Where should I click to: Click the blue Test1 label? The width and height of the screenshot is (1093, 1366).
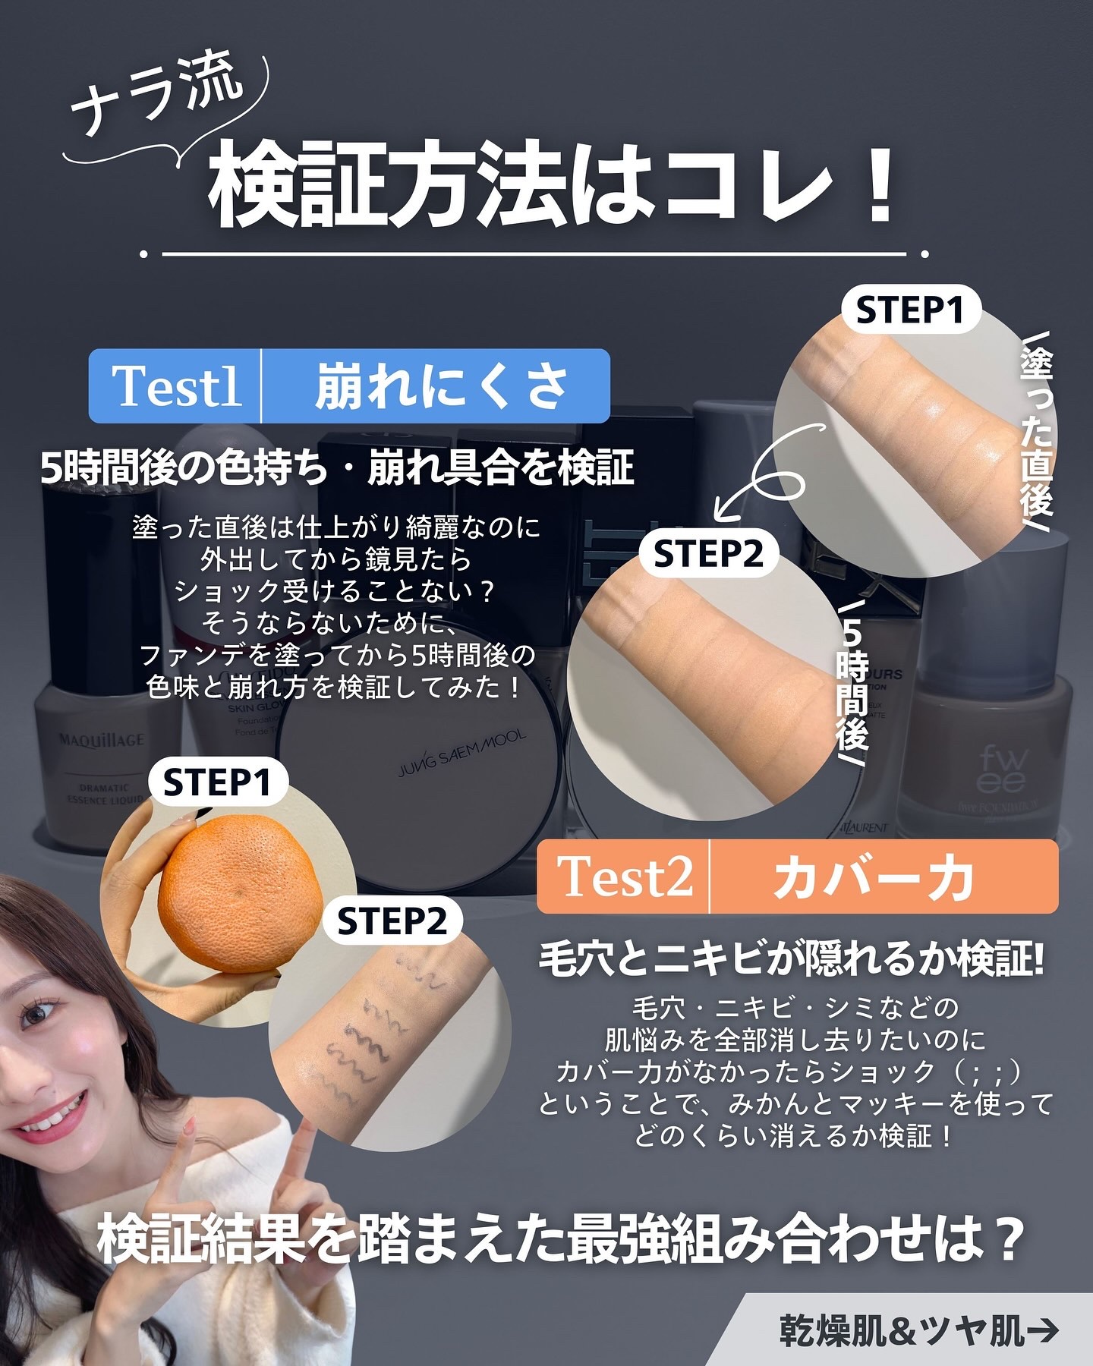tap(176, 386)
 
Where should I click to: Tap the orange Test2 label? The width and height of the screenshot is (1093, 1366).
tap(625, 877)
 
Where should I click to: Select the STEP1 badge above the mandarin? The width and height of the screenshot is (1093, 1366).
tap(217, 782)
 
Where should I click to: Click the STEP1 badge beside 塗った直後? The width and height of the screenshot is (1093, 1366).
tap(910, 310)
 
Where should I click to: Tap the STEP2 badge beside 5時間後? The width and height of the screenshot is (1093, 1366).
tap(707, 555)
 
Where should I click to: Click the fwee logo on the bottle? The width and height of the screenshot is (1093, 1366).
tap(1003, 769)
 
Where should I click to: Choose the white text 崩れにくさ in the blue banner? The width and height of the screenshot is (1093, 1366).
tap(440, 386)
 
